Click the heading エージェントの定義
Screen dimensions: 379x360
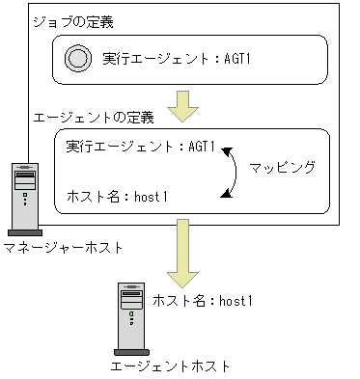pos(94,118)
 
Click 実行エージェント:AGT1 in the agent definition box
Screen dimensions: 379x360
pos(140,147)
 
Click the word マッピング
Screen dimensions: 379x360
pos(283,166)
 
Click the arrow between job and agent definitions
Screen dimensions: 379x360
pos(181,105)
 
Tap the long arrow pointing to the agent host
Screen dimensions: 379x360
pos(181,246)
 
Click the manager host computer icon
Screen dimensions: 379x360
pos(26,199)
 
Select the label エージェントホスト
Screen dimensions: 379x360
pos(171,367)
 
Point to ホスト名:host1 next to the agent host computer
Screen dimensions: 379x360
pos(203,301)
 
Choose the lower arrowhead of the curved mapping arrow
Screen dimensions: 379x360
pos(225,196)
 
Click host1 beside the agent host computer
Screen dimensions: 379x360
pos(235,301)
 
